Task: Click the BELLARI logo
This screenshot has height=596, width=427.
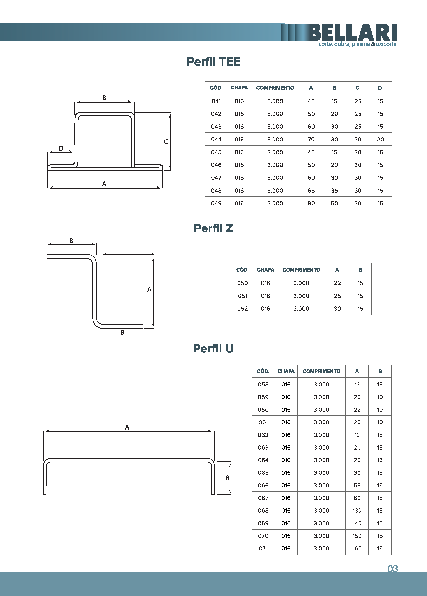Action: pyautogui.click(x=353, y=35)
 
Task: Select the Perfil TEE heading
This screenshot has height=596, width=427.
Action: pyautogui.click(x=213, y=62)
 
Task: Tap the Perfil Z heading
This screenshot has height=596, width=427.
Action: pyautogui.click(x=213, y=228)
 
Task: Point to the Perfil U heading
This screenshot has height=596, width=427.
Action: pyautogui.click(x=213, y=349)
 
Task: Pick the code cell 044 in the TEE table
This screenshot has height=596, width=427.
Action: pyautogui.click(x=216, y=140)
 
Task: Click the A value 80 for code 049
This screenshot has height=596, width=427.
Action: pyautogui.click(x=311, y=203)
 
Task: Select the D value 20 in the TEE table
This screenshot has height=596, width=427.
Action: pyautogui.click(x=380, y=140)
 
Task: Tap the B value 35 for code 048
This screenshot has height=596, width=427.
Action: pyautogui.click(x=334, y=191)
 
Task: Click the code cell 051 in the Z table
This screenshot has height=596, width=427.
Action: pyautogui.click(x=242, y=296)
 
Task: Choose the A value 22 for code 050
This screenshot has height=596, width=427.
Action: pyautogui.click(x=337, y=283)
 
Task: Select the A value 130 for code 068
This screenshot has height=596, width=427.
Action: pyautogui.click(x=357, y=511)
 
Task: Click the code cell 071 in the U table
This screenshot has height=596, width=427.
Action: pyautogui.click(x=263, y=548)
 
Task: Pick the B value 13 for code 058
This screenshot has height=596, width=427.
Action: pyautogui.click(x=380, y=385)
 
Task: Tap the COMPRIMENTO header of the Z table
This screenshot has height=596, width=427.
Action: pyautogui.click(x=301, y=270)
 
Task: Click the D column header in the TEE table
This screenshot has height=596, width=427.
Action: pyautogui.click(x=380, y=88)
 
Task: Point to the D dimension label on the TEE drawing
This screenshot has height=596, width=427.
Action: pyautogui.click(x=61, y=148)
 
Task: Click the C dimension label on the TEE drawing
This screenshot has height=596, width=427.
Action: pyautogui.click(x=166, y=142)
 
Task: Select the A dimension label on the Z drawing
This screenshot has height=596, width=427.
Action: pyautogui.click(x=149, y=289)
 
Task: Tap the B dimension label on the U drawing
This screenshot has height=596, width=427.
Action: pyautogui.click(x=227, y=478)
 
